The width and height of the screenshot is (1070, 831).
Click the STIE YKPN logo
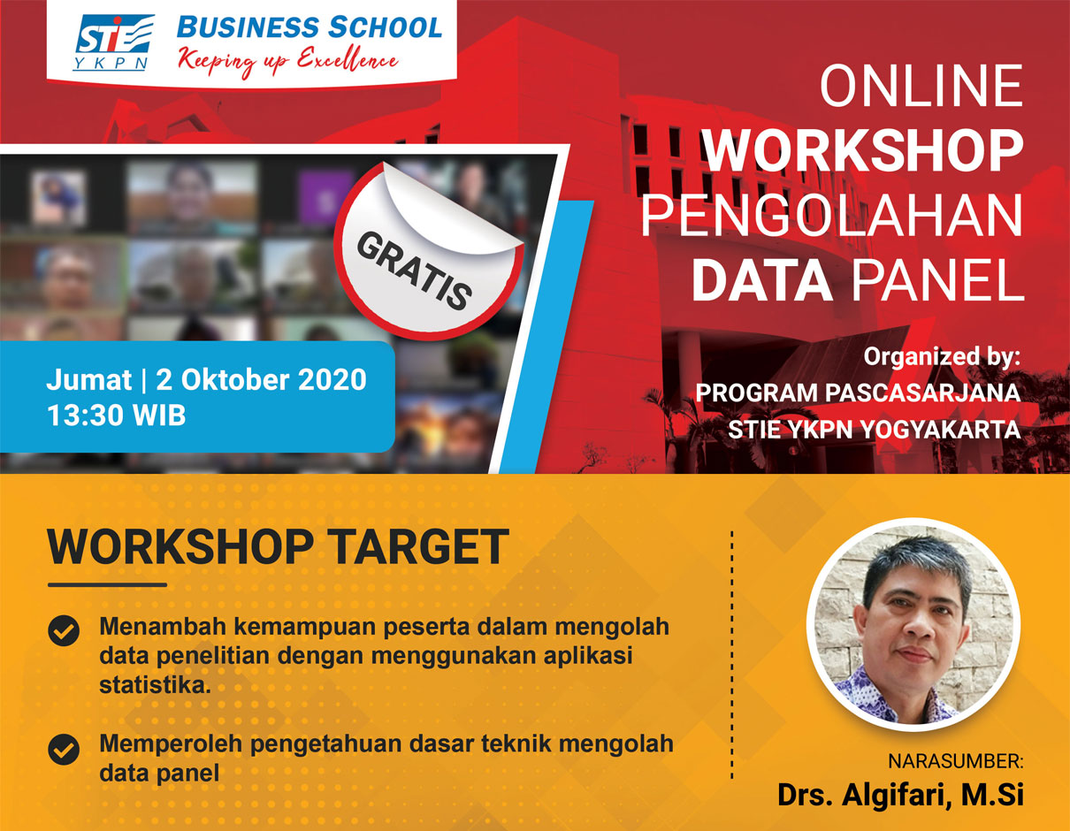point(113,43)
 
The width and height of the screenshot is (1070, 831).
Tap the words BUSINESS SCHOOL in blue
point(310,27)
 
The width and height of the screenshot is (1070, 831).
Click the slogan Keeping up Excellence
point(288,62)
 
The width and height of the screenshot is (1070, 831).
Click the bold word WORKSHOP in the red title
point(863,150)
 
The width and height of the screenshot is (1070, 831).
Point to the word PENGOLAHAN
point(831,216)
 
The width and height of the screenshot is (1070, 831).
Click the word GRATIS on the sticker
point(414,271)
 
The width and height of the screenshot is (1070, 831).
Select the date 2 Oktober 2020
point(262,379)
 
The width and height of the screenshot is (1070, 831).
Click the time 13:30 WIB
point(116,415)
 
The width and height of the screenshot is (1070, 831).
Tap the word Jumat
point(89,379)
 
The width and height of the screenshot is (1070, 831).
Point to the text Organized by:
point(942,357)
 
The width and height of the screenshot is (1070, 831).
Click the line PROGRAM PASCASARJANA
point(858,393)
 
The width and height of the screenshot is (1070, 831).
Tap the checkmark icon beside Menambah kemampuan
point(64,630)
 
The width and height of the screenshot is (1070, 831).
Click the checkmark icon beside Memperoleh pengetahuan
point(64,750)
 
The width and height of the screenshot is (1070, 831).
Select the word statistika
point(155,685)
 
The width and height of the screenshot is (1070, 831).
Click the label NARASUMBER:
point(956,761)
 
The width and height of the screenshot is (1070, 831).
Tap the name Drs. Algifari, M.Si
point(900,795)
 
